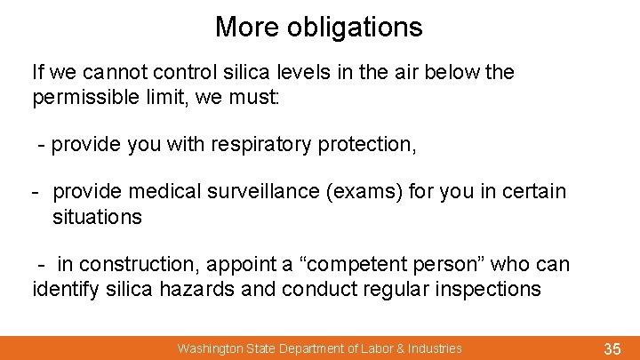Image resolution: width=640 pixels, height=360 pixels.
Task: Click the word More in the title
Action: tap(247, 27)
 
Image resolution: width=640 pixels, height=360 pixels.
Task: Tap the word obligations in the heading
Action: tap(355, 27)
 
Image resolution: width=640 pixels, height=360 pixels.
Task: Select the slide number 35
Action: tap(612, 349)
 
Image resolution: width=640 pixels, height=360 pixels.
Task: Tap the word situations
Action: tap(97, 216)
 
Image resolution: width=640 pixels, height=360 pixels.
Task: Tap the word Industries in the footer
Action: tap(435, 348)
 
